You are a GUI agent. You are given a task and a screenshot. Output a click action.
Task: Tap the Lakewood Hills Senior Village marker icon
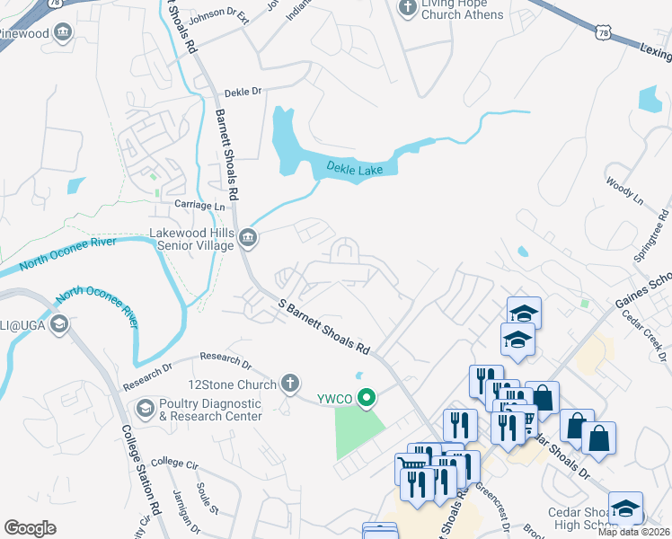[x=249, y=238]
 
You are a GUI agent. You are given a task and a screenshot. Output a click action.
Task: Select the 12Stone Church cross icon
[x=289, y=384]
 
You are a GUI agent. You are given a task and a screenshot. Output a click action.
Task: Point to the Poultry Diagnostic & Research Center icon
[x=145, y=410]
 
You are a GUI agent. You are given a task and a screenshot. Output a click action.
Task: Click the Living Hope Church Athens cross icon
[x=406, y=8]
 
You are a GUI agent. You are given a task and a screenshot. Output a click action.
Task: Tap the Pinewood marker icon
[x=63, y=33]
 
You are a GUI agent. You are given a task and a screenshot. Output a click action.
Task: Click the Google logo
[x=30, y=527]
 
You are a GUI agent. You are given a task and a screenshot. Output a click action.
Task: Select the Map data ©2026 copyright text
[x=633, y=532]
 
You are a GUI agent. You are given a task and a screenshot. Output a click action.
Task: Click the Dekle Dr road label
[x=243, y=92]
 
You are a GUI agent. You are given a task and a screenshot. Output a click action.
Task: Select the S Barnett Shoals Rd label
[x=323, y=327]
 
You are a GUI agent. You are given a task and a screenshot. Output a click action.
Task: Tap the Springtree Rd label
[x=652, y=235]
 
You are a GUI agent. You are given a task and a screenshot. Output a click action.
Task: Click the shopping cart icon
[x=412, y=470]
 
